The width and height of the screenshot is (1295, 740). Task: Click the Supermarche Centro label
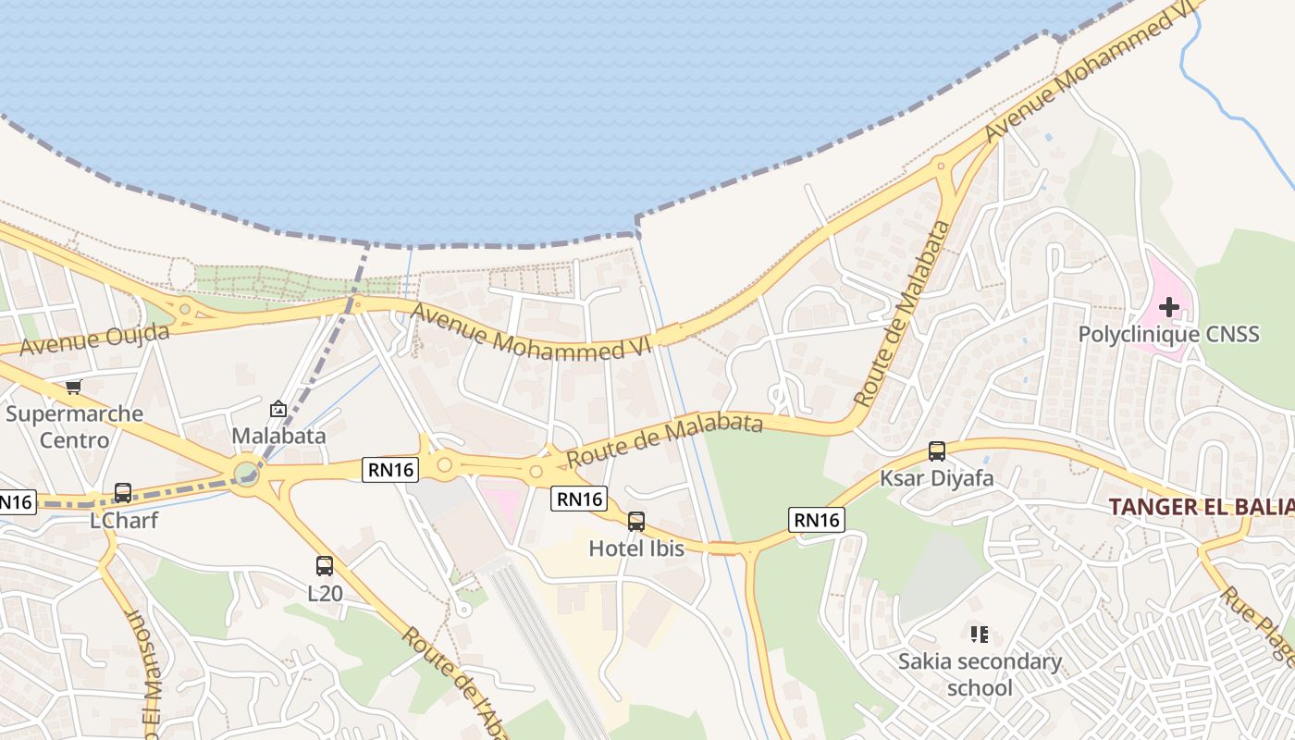coord(74,426)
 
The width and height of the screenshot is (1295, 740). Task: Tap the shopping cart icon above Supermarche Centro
coord(74,388)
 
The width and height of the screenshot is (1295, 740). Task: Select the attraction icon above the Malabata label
coord(277,408)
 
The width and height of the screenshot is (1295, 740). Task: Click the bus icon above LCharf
coord(123,493)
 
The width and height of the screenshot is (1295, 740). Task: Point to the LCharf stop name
coord(124,520)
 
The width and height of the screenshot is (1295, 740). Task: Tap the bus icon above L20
coord(325,566)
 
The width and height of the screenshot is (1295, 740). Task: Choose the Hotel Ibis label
coord(636,549)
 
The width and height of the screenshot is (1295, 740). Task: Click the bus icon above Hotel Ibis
coord(636,522)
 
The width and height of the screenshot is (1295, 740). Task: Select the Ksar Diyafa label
coord(936,478)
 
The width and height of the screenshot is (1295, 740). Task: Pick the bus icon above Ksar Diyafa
coord(937,451)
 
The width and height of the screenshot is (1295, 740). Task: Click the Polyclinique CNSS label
coord(1168,334)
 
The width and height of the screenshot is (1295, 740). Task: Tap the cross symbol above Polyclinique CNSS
coord(1169,306)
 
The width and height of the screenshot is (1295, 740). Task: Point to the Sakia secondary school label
coord(980,674)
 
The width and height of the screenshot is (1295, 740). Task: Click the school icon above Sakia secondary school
coord(980,635)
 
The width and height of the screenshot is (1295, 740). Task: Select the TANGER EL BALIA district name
coord(1201,507)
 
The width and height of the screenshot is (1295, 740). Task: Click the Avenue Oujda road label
coord(94,339)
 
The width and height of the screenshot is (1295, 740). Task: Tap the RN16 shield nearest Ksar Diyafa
coord(817,520)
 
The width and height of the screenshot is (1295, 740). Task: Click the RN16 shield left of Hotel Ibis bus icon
coord(579,499)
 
